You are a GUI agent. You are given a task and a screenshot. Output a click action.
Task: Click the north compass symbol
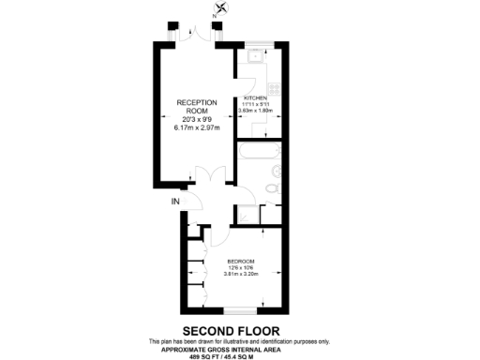coord(220,12)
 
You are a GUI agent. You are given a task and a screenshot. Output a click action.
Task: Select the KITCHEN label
coord(256,97)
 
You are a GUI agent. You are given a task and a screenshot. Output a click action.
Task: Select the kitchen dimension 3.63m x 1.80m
coord(256,112)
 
